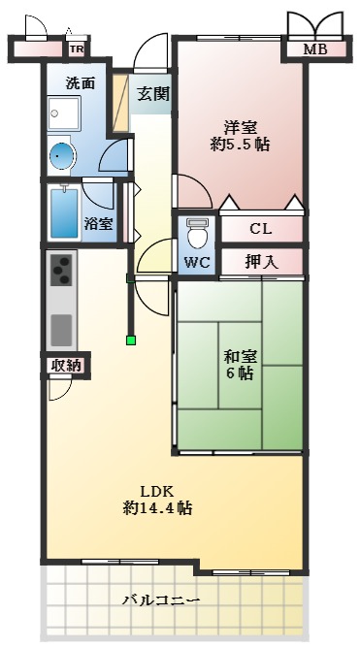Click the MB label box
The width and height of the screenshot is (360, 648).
click(x=314, y=49)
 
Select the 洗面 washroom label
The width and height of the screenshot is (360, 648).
click(x=80, y=82)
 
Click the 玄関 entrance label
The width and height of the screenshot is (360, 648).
click(x=152, y=94)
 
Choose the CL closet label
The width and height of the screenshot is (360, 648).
click(x=260, y=230)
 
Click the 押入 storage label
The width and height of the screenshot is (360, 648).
click(x=260, y=261)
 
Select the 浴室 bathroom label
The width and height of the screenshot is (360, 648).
click(x=97, y=223)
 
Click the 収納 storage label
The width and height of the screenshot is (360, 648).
click(x=66, y=365)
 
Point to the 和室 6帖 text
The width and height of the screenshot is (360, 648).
click(x=238, y=363)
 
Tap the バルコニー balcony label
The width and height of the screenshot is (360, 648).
click(x=160, y=601)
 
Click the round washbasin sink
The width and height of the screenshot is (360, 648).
click(x=62, y=155)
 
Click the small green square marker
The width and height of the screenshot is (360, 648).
click(x=130, y=340)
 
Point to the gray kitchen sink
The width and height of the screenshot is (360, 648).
click(x=61, y=328)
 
